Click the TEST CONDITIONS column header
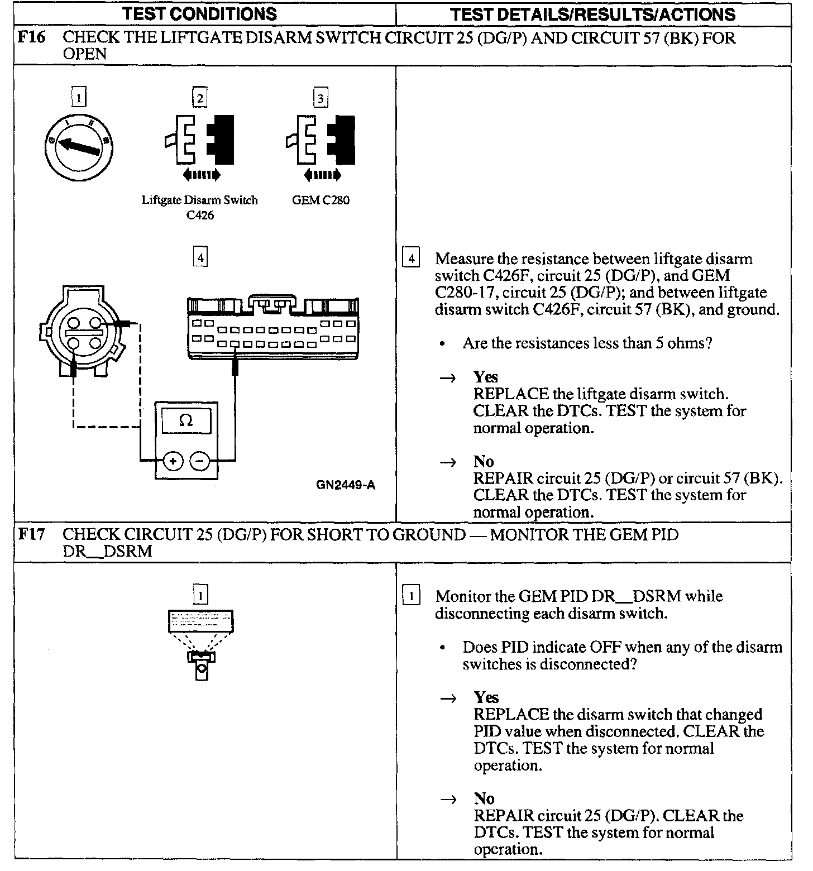tap(199, 14)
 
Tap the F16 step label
tap(31, 38)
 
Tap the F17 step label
tap(31, 534)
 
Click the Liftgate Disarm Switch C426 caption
tap(199, 207)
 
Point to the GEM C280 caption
tap(321, 200)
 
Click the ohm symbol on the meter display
tap(186, 420)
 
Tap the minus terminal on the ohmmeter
tap(200, 461)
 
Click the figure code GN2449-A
tap(346, 485)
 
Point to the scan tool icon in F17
tap(201, 642)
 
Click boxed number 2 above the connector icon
tap(199, 99)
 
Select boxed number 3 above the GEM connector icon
tap(321, 99)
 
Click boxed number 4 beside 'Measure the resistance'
tap(412, 259)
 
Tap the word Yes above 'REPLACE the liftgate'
tap(485, 377)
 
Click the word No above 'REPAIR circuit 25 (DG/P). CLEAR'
tap(484, 798)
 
